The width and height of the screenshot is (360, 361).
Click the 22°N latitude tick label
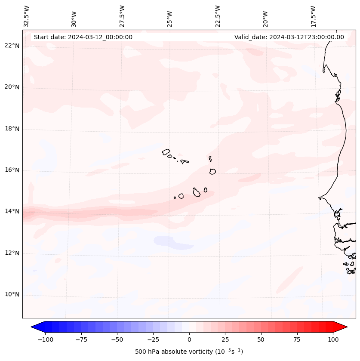pos(12,46)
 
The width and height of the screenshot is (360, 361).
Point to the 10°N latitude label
pos(12,295)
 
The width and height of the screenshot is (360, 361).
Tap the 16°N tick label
pos(12,170)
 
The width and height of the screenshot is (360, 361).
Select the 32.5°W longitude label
pos(27,16)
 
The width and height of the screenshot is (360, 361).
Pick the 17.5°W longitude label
pos(313,16)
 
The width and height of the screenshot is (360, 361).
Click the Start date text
pos(83,37)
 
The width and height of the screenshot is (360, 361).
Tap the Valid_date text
pos(289,37)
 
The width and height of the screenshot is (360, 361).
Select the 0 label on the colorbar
pos(189,340)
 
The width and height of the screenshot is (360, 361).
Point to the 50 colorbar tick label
pos(261,340)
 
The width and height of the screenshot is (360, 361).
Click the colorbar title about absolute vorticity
pos(189,352)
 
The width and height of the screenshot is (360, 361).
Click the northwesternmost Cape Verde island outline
pos(166,151)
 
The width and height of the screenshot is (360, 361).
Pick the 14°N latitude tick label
pos(12,211)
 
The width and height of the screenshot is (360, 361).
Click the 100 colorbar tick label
pos(332,340)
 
